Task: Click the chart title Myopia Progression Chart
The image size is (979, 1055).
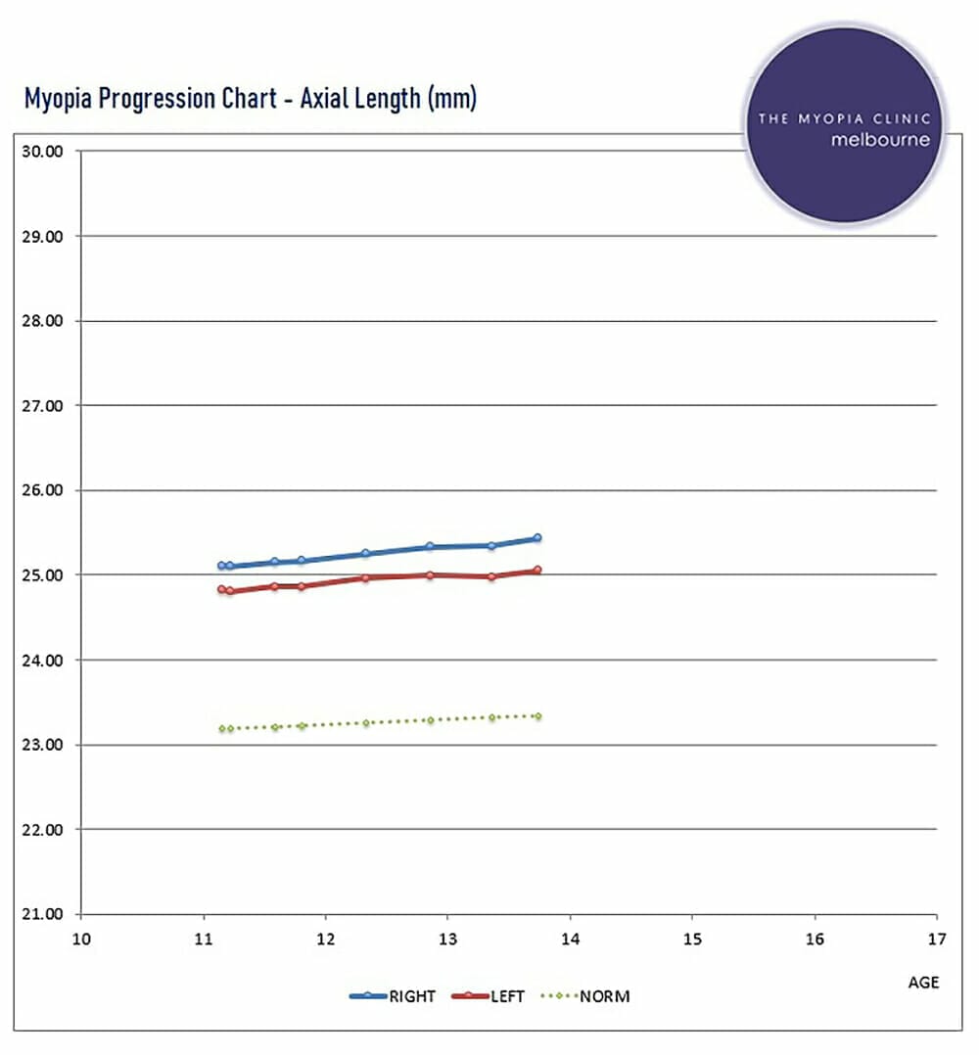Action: (250, 99)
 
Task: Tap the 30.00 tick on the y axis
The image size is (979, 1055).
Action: (42, 152)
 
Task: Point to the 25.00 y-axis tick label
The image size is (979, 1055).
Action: (42, 575)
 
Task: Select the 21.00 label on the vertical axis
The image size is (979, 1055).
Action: (42, 914)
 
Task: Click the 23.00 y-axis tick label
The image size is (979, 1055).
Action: (42, 745)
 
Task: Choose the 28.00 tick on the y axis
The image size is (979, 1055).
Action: (42, 321)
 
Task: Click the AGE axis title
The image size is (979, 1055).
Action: (923, 982)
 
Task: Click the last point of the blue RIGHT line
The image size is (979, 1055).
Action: (537, 537)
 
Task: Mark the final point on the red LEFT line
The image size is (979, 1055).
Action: (537, 570)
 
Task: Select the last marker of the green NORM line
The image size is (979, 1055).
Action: (537, 716)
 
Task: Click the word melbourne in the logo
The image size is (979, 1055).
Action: (880, 139)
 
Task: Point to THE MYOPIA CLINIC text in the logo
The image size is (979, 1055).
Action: (845, 118)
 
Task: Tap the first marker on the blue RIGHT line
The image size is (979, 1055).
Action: (221, 566)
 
